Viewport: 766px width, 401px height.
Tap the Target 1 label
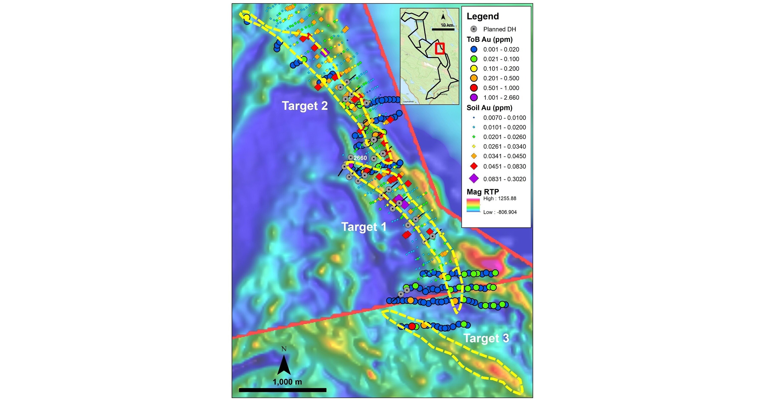364,227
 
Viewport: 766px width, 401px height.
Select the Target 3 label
486,338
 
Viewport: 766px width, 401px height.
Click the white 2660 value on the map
360,158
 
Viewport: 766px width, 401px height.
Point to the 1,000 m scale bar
282,390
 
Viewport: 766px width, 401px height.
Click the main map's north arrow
284,364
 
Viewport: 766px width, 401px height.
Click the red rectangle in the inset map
440,49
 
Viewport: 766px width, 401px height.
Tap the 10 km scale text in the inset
447,25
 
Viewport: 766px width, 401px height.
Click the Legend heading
483,16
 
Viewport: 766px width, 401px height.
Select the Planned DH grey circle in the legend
474,29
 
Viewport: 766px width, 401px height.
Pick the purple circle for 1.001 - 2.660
474,98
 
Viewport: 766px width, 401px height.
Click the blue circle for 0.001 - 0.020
474,49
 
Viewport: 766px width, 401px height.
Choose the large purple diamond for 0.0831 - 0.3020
474,179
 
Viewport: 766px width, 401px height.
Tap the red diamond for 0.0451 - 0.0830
474,166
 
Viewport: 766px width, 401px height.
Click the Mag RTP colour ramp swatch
473,205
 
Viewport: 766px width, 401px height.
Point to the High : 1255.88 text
499,198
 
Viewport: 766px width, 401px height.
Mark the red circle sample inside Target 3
412,326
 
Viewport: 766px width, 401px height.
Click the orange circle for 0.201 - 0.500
474,78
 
